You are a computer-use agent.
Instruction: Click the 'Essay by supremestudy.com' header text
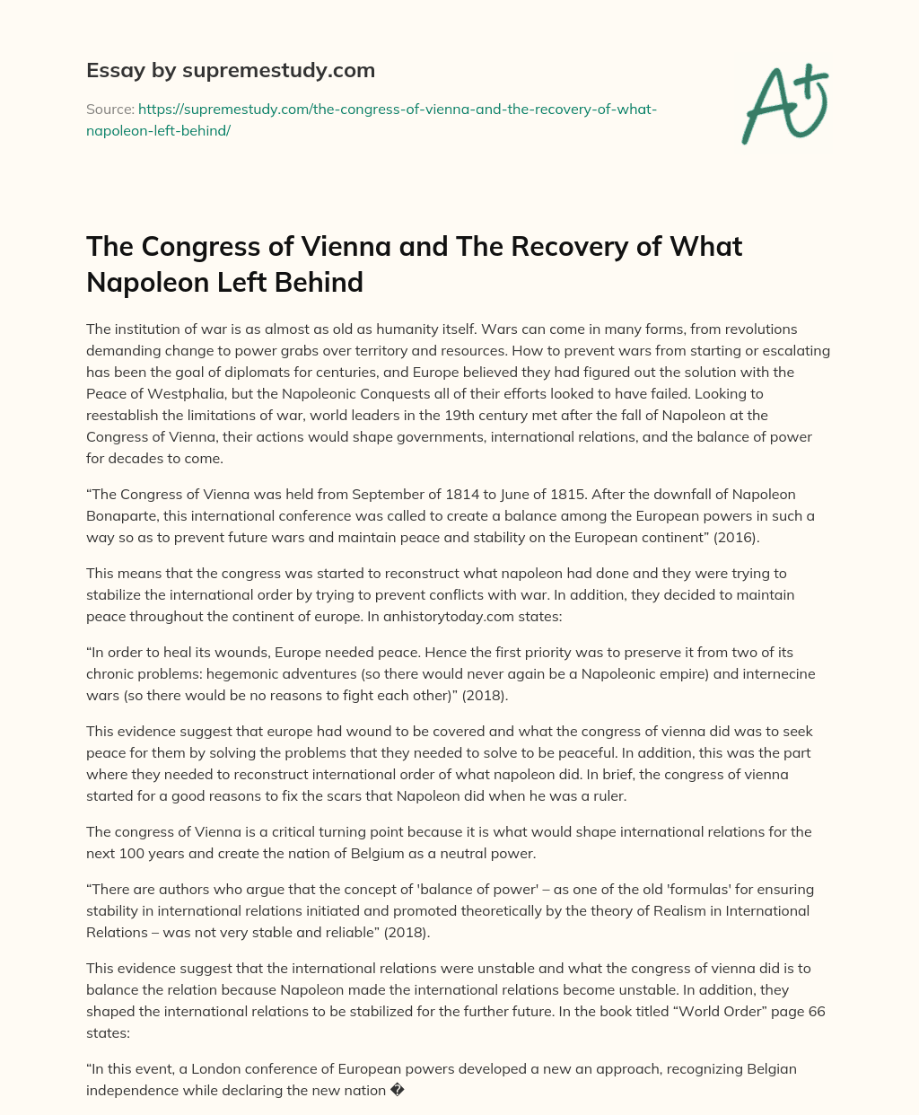(231, 70)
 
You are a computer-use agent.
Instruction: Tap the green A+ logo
(784, 103)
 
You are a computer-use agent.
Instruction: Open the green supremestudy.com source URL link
(372, 119)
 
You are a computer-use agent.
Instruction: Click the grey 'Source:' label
(109, 109)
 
